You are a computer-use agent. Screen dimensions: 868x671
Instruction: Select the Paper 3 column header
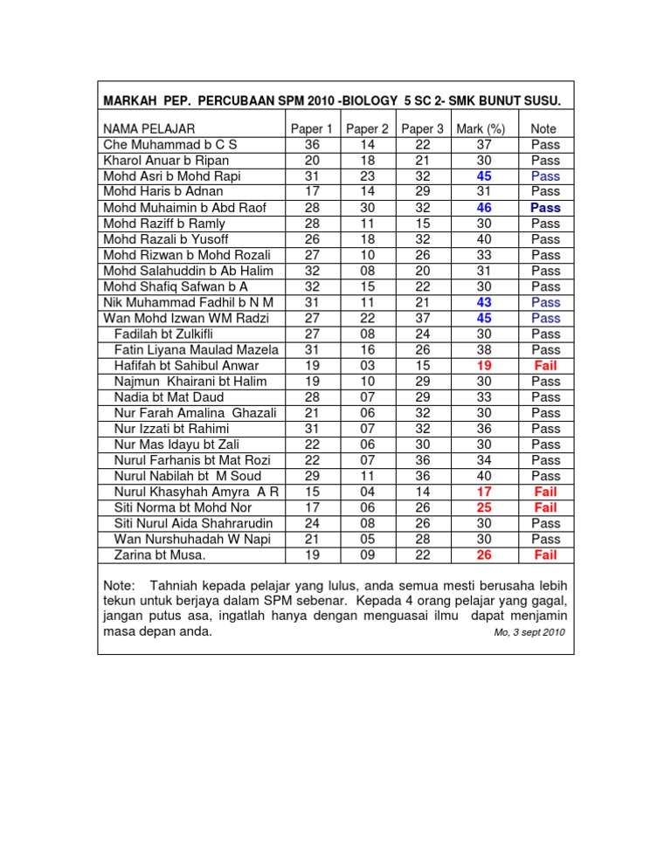[x=422, y=128]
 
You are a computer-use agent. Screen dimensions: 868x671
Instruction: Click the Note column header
[x=544, y=128]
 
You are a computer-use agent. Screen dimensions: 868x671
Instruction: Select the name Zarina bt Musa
[x=158, y=555]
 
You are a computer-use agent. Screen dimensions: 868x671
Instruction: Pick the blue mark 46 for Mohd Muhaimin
[x=479, y=208]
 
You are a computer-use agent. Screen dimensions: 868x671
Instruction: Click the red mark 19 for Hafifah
[x=479, y=365]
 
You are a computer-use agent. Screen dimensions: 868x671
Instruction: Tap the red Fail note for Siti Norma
[x=545, y=507]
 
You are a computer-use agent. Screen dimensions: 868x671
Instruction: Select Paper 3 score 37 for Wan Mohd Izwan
[x=422, y=318]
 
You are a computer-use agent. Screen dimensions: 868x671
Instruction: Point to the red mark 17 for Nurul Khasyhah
[x=479, y=492]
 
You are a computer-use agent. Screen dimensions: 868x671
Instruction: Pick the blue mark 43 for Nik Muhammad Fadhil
[x=479, y=302]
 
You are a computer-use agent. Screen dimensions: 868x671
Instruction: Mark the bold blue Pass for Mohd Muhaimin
[x=545, y=208]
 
